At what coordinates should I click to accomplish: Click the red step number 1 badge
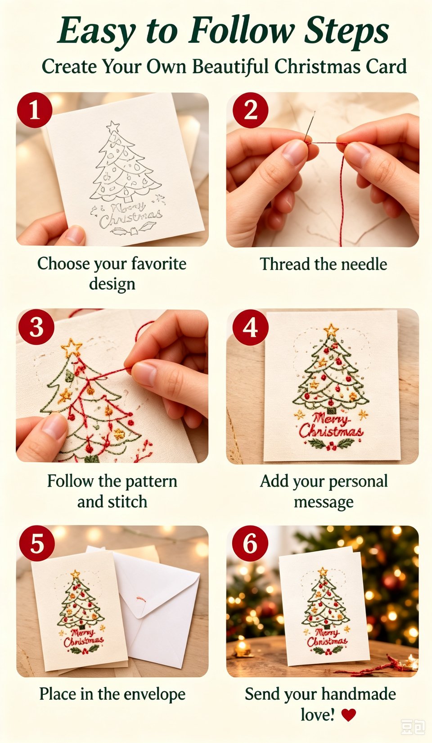tap(35, 110)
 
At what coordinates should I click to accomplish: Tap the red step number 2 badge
tap(250, 110)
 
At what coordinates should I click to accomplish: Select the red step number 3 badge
tap(36, 327)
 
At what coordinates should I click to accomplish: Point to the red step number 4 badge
tap(250, 328)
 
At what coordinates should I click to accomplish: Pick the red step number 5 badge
tap(37, 544)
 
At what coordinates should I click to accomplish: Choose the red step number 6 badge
tap(250, 544)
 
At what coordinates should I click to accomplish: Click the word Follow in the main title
tap(242, 31)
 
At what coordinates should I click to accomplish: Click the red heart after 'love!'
tap(348, 715)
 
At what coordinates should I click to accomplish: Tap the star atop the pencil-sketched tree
tap(113, 127)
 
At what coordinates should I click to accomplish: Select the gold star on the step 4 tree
tap(331, 330)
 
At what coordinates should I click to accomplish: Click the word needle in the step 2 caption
tap(364, 264)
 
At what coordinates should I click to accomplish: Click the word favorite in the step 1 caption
tap(159, 264)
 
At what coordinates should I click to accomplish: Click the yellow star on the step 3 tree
tap(71, 347)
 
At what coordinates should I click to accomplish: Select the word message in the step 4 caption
tap(324, 503)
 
